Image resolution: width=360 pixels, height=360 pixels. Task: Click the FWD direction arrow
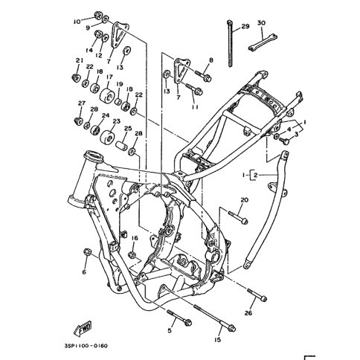[x=83, y=329]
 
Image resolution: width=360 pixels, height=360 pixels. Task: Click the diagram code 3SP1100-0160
[x=86, y=346]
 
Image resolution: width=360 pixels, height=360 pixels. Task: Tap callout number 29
[x=245, y=26]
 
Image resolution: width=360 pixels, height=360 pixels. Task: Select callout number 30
[x=261, y=23]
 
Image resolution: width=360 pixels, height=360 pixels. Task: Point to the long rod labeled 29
[x=230, y=44]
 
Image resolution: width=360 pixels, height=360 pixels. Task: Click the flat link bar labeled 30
[x=263, y=42]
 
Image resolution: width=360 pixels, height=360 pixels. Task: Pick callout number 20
[x=245, y=200]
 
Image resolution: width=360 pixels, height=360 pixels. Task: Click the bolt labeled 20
[x=238, y=216]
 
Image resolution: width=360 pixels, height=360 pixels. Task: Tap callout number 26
[x=248, y=313]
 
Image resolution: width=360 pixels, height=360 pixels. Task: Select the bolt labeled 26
[x=257, y=295]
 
